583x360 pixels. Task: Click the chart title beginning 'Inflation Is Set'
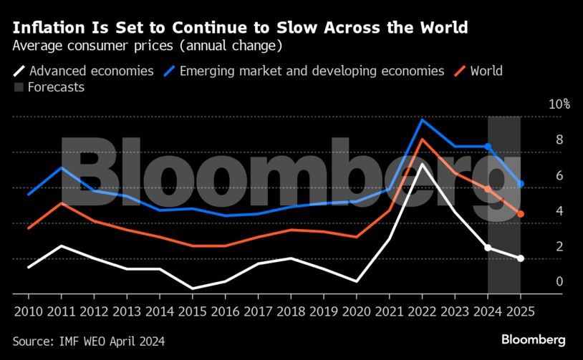tap(240, 28)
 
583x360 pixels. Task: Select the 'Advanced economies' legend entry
tap(84, 71)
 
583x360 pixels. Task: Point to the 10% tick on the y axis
tap(559, 104)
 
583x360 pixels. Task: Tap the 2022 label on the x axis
tap(422, 313)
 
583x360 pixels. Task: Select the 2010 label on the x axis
tap(29, 313)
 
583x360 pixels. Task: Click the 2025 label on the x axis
tap(520, 313)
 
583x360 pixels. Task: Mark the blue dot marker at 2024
tap(488, 147)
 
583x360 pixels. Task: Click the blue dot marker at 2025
tap(521, 184)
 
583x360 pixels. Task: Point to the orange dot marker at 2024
tap(488, 190)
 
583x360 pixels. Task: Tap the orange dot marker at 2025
tap(521, 214)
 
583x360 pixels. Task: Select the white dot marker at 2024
tap(488, 248)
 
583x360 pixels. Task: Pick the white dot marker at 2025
tap(521, 258)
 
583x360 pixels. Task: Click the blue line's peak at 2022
tap(422, 120)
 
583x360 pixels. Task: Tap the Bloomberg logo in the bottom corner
tap(533, 340)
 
